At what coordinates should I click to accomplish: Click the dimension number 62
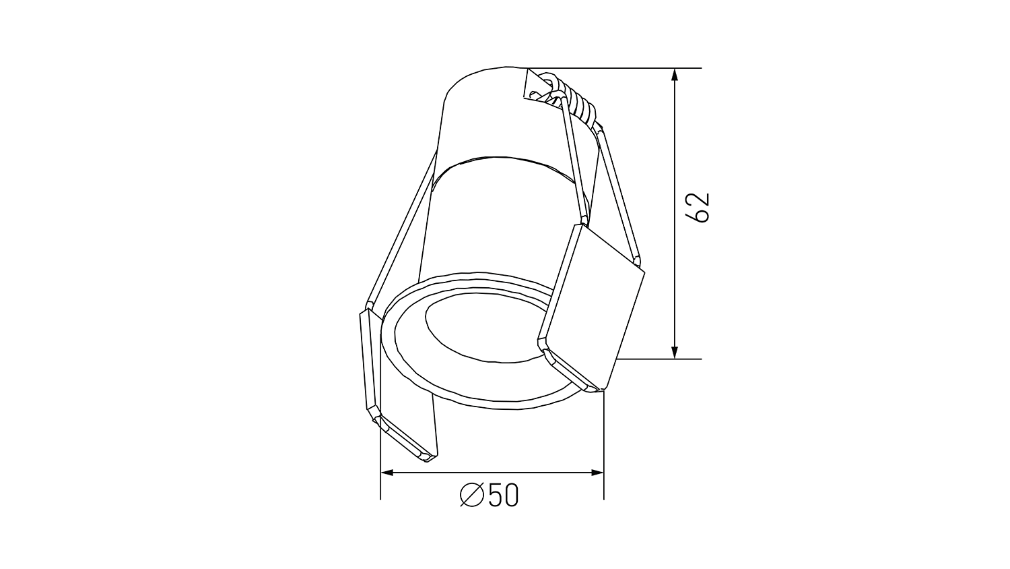coord(697,207)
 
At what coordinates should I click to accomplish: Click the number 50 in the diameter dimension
coord(504,495)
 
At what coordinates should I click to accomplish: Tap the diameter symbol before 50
coord(471,495)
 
